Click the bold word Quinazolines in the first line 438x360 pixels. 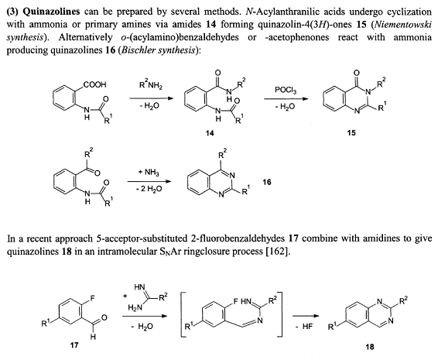click(51, 12)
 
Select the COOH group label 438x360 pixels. click(94, 84)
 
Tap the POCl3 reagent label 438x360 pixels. click(286, 90)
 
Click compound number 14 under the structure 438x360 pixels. click(210, 133)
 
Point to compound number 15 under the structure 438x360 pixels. click(351, 132)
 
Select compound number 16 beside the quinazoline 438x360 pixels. click(267, 182)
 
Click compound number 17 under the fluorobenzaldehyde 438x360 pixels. click(74, 345)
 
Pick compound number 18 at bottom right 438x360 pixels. click(370, 347)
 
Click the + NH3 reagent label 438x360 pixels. click(149, 172)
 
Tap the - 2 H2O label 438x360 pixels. click(149, 189)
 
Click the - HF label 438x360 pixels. click(304, 326)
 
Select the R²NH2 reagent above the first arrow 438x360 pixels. click(150, 85)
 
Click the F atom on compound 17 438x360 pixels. click(92, 299)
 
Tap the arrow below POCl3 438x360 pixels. click(286, 98)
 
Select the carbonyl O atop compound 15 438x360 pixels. click(356, 73)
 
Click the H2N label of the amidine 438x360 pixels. click(135, 308)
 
